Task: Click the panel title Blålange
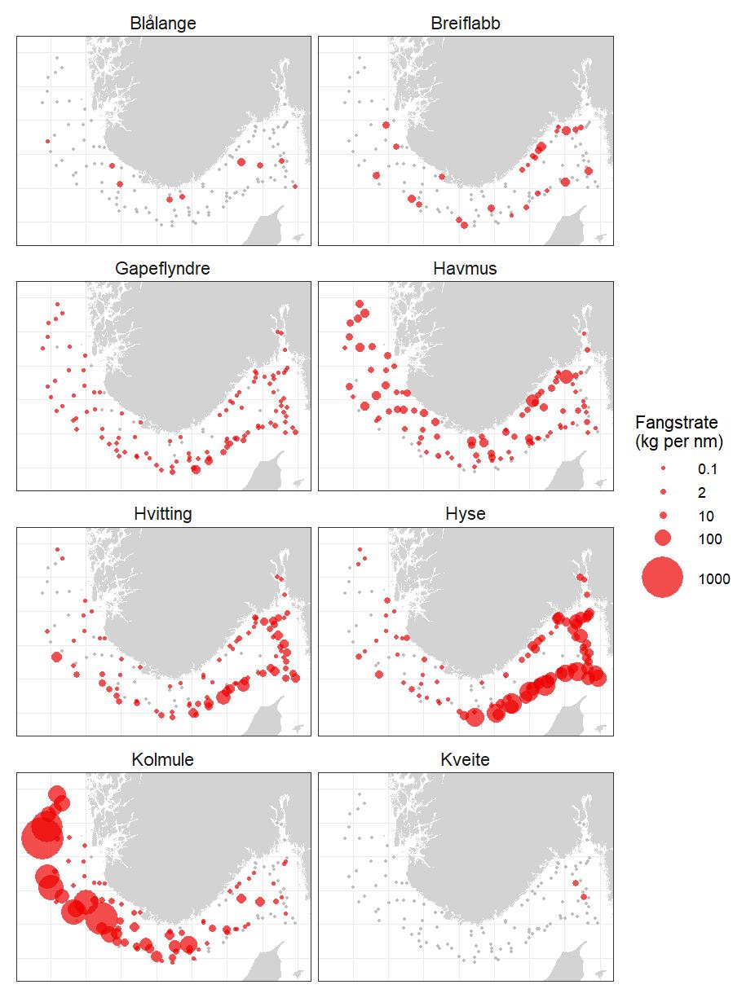[x=163, y=24]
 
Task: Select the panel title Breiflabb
[x=465, y=24]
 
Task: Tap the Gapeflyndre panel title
[x=163, y=269]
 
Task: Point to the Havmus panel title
[x=465, y=269]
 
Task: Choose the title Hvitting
[x=163, y=514]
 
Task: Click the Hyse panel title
[x=465, y=514]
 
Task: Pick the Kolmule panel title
[x=163, y=760]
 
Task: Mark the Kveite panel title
[x=465, y=760]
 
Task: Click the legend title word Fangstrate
[x=676, y=423]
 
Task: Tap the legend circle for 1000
[x=662, y=578]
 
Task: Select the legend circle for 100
[x=662, y=538]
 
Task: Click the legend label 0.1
[x=707, y=469]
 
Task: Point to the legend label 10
[x=705, y=516]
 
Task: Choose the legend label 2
[x=701, y=492]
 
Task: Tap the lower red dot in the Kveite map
[x=584, y=898]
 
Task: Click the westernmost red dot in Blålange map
[x=47, y=141]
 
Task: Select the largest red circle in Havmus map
[x=566, y=376]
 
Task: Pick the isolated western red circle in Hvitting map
[x=56, y=657]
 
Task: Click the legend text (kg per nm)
[x=679, y=442]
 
